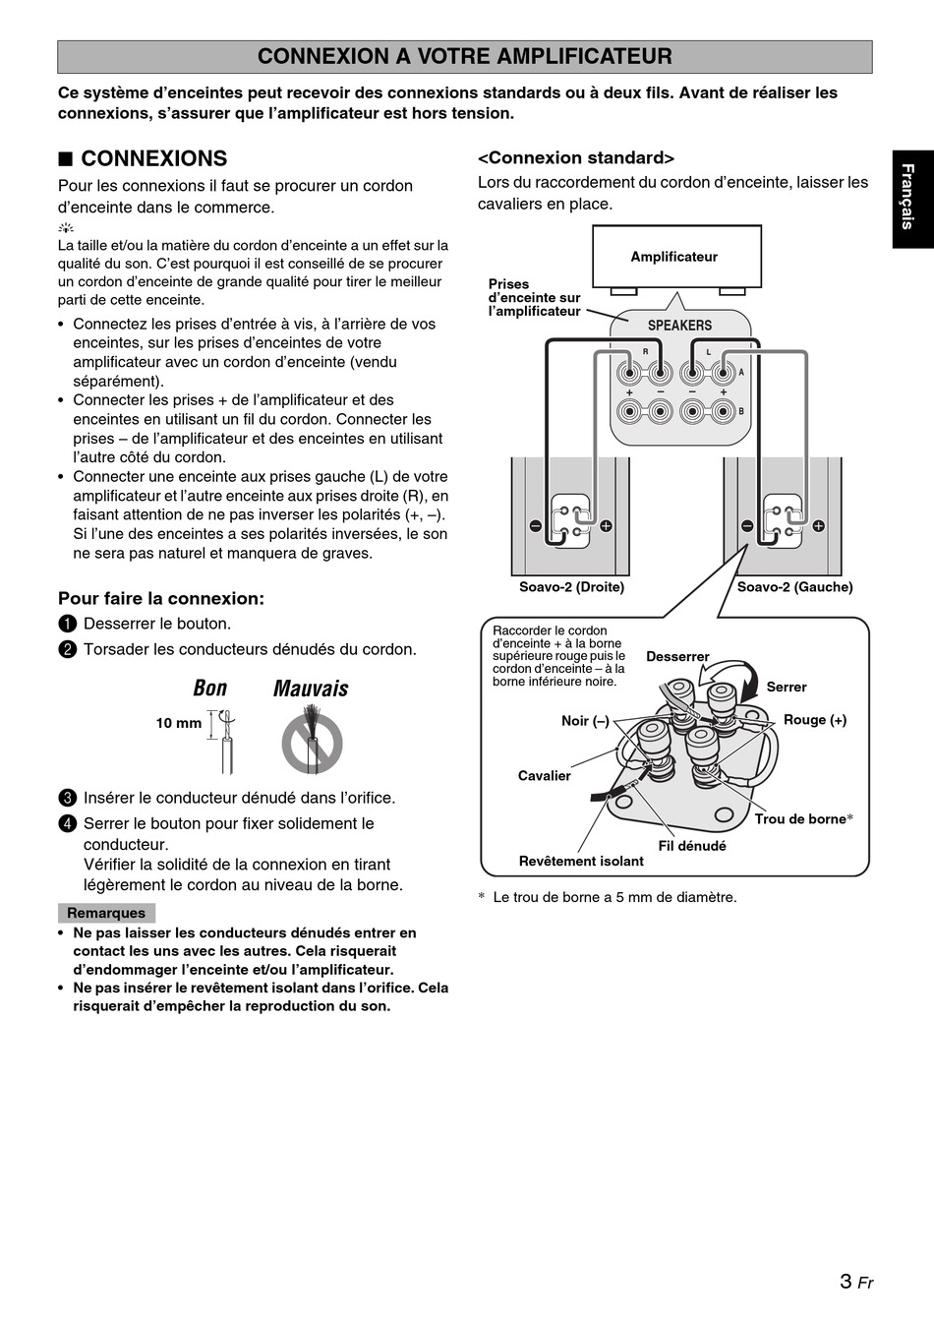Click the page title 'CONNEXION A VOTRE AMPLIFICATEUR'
pos(464,57)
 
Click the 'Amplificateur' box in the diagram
pos(674,257)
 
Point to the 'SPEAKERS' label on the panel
pos(679,326)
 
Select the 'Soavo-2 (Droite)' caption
pos(571,587)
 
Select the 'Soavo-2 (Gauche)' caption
pos(794,587)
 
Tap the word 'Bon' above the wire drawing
pos(210,689)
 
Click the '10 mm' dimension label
pos(178,723)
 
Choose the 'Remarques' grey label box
pos(106,913)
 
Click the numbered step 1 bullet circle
pos(67,624)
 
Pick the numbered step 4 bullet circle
pos(67,823)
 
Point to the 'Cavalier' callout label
pos(544,776)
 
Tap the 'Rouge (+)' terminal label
pos(814,720)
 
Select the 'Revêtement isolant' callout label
pos(581,862)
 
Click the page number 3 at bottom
pos(846,1281)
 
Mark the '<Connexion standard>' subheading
pos(576,158)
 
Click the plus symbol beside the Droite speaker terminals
pos(606,526)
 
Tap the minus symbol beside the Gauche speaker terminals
pos(747,526)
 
